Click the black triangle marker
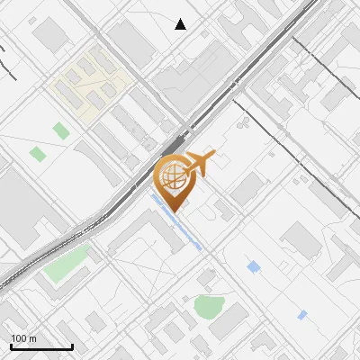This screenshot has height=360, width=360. tap(181, 24)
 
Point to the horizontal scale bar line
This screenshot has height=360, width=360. tap(41, 347)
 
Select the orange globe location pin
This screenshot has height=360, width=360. tap(173, 176)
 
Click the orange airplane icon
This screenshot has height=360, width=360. tap(199, 164)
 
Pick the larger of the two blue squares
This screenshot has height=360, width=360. tap(254, 266)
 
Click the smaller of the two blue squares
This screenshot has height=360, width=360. tap(302, 315)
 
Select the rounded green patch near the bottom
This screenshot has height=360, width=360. tap(209, 307)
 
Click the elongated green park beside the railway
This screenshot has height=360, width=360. tap(68, 262)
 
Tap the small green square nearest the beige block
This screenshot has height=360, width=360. tap(60, 130)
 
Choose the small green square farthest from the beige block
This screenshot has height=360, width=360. tap(38, 154)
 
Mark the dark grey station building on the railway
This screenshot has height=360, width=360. tap(174, 144)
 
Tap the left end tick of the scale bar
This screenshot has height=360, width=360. tap(11, 346)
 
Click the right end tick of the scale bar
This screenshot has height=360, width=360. tap(72, 346)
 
